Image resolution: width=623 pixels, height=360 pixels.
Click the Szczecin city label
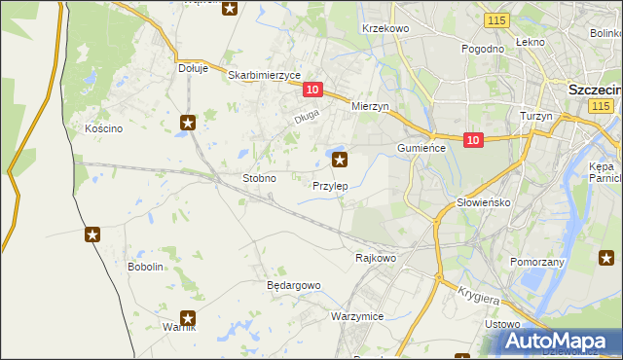pos(594,89)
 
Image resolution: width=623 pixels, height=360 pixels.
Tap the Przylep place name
pos(331,185)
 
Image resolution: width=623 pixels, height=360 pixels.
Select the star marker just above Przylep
pos(340,160)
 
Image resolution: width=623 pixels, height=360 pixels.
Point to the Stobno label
pos(259,179)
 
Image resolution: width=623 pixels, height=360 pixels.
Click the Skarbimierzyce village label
pos(264,74)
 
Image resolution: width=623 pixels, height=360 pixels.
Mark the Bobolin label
pos(145,267)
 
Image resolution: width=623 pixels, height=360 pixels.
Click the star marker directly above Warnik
pos(189,317)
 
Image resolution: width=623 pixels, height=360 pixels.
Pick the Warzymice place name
pos(357,317)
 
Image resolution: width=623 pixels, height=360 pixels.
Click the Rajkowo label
pos(376,258)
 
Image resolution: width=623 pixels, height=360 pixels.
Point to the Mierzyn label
pos(370,106)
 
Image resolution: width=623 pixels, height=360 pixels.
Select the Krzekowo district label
pos(385,29)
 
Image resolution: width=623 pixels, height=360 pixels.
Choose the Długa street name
pos(308,120)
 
